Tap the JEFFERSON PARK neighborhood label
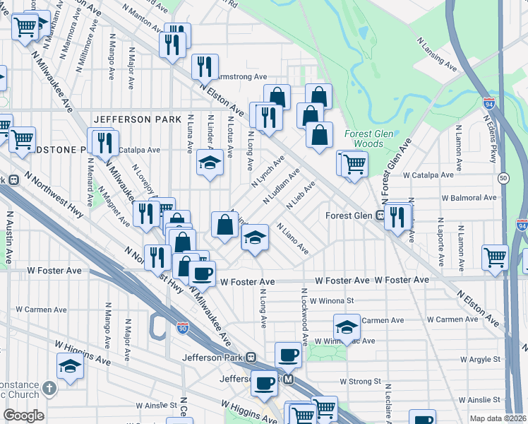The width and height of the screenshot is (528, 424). click(132, 119)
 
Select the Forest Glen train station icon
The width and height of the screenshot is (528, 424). click(380, 216)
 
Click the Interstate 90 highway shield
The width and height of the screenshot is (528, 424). click(182, 328)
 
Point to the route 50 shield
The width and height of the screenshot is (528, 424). click(503, 177)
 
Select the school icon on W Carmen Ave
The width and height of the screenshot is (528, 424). click(347, 326)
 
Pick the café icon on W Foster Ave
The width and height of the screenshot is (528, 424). click(202, 273)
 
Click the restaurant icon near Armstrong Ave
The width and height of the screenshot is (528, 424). click(205, 67)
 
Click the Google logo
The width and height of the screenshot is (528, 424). click(23, 416)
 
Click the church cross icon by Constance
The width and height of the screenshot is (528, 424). click(49, 388)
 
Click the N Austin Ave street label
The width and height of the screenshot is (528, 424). click(10, 233)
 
